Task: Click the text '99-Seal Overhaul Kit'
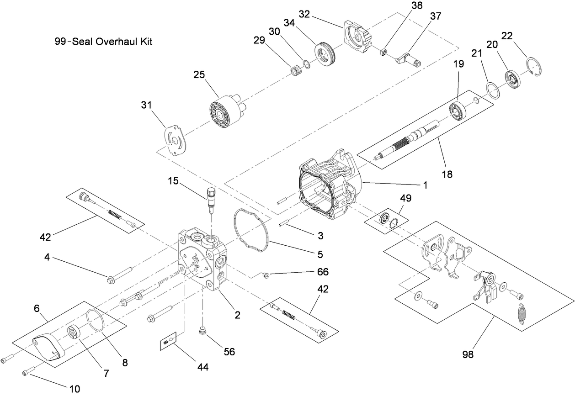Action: [103, 42]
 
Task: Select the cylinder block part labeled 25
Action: [224, 111]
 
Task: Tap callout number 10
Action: [74, 389]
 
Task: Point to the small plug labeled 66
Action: [266, 275]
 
